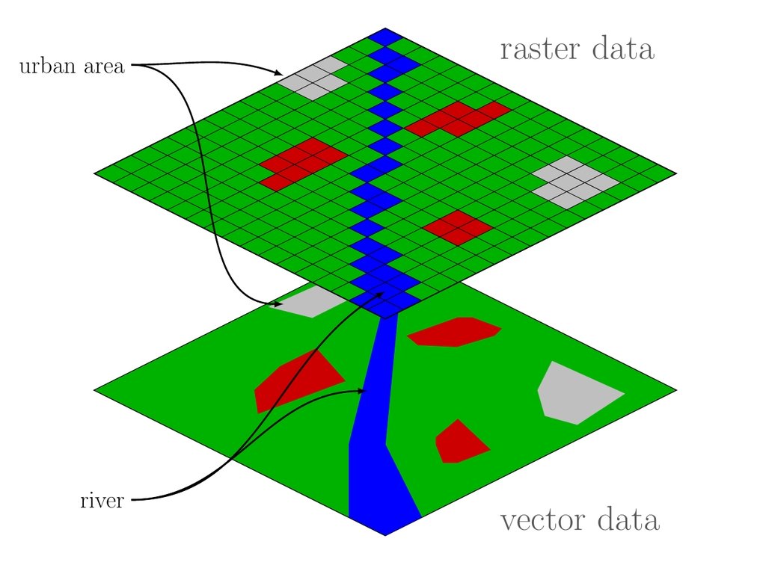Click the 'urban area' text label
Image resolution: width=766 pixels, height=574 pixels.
coord(72,68)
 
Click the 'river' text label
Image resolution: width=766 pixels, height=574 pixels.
coord(102,500)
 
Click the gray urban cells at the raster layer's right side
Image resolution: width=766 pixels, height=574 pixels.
coord(575,182)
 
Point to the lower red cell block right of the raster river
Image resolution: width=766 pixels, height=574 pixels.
coord(457,226)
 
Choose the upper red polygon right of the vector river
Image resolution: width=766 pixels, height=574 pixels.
coord(453,331)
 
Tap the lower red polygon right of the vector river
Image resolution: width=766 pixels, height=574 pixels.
coord(459,442)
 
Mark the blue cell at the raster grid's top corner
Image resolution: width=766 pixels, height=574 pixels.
coord(385,36)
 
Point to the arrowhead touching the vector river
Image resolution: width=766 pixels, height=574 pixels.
coord(363,391)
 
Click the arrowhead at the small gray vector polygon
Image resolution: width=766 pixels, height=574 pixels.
coord(278,303)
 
